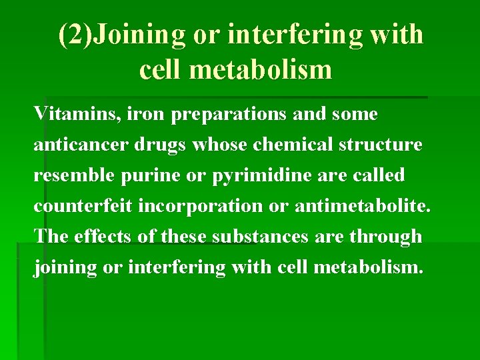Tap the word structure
click(x=383, y=145)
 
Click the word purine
click(x=145, y=176)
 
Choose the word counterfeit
click(x=83, y=205)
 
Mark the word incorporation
click(x=201, y=207)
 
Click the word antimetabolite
click(x=358, y=205)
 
